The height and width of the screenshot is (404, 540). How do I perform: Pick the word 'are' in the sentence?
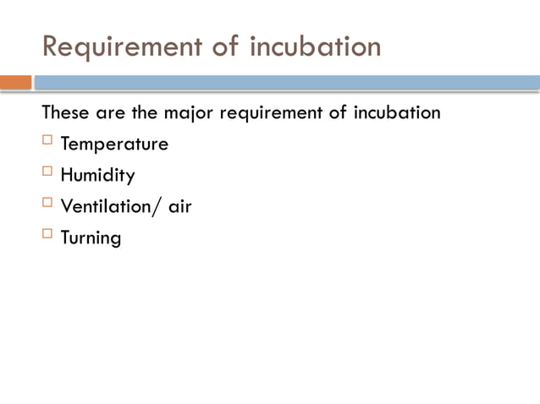tap(107, 112)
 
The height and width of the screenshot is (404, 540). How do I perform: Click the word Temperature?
tap(114, 145)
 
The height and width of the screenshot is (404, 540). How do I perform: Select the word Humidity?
tap(97, 176)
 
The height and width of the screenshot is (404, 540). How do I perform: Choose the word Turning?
tap(91, 238)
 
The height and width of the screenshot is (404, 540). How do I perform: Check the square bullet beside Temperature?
tap(47, 141)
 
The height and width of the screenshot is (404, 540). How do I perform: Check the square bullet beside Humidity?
tap(47, 172)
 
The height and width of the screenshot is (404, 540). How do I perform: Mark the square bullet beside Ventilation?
tap(47, 204)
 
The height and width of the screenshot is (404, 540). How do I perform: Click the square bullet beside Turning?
tap(47, 234)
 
